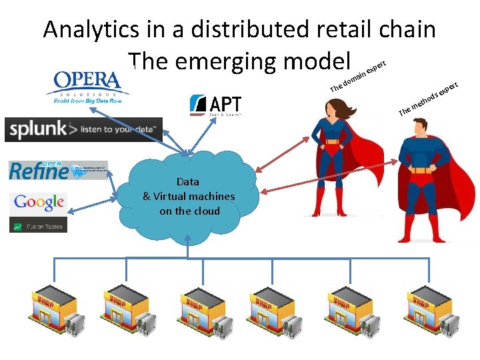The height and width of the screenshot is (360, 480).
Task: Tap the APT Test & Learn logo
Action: click(215, 105)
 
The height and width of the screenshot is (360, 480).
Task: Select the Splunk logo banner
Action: click(83, 129)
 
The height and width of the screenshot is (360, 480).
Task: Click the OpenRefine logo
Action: click(57, 170)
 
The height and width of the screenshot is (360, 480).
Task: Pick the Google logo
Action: click(39, 202)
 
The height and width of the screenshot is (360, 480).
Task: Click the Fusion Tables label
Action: click(39, 227)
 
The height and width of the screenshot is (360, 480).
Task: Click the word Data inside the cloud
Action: click(188, 181)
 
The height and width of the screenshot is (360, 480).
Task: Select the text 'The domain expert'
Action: click(359, 77)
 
